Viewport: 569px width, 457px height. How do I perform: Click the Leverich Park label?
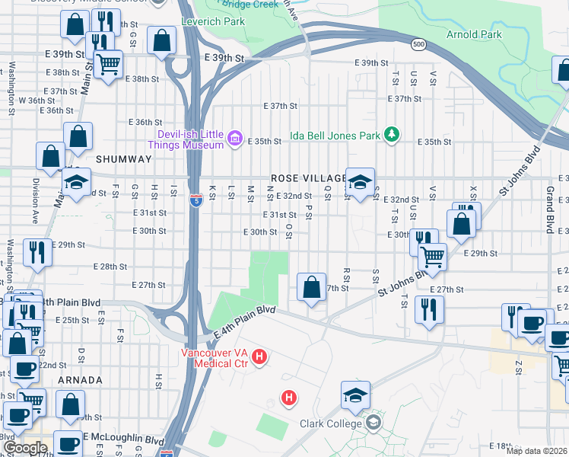pos(213,21)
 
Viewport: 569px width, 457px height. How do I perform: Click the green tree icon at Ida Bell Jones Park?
pos(392,135)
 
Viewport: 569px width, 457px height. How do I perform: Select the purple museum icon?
pos(235,138)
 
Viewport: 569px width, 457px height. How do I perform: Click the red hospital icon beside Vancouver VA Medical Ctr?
pos(259,356)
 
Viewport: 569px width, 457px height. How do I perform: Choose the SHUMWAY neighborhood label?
pos(124,158)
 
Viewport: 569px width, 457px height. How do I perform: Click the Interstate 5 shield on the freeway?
pos(196,200)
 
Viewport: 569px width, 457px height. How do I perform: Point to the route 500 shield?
pos(418,45)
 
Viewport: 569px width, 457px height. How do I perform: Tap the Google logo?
pos(25,448)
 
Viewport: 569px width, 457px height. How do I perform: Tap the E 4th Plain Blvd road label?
pos(244,322)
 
